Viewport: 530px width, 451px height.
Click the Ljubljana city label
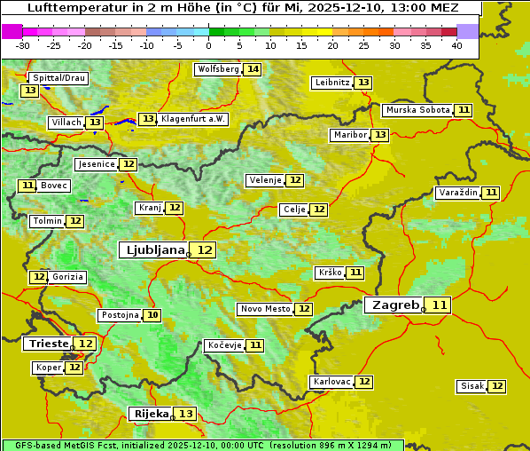[x=152, y=250]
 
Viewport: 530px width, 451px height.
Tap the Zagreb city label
[x=394, y=305]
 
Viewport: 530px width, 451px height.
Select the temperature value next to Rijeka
[x=186, y=414]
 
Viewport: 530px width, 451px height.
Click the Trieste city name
[x=49, y=344]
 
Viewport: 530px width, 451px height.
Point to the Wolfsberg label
[x=218, y=69]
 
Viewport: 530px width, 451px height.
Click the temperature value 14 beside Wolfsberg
[x=253, y=69]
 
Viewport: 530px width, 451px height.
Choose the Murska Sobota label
[x=417, y=110]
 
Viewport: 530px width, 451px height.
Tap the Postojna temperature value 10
[x=153, y=315]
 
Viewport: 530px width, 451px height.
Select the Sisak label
[x=472, y=386]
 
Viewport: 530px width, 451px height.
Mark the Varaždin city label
[x=457, y=193]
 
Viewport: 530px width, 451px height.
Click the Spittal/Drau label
[x=57, y=78]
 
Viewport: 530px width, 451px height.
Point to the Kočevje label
[x=223, y=345]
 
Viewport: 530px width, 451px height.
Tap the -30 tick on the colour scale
[x=23, y=45]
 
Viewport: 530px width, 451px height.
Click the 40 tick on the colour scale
[x=456, y=45]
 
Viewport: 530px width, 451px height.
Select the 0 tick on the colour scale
[x=209, y=45]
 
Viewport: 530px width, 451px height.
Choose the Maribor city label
[x=348, y=135]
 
